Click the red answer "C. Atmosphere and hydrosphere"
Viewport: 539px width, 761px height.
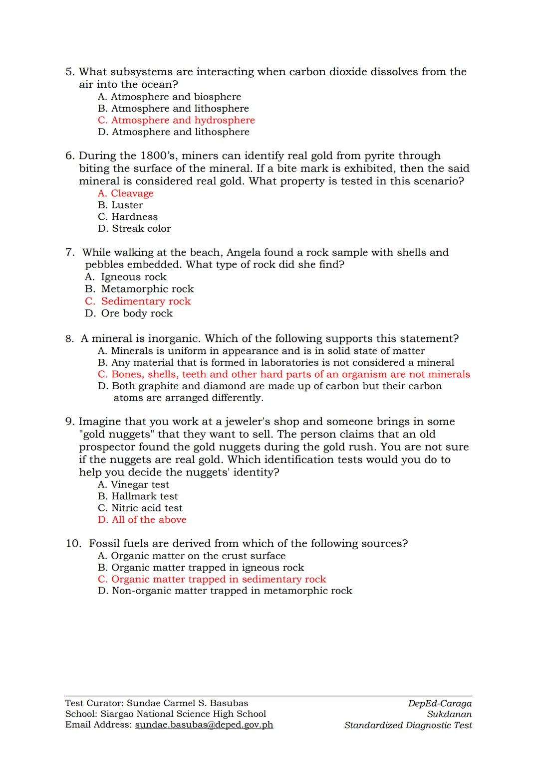tap(176, 120)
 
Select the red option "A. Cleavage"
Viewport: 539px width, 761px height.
tap(126, 193)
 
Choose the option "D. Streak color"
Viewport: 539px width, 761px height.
tap(134, 229)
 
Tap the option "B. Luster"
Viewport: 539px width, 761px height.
tap(120, 205)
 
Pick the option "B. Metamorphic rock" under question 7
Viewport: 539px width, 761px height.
tap(139, 289)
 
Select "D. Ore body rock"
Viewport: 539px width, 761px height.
tap(129, 313)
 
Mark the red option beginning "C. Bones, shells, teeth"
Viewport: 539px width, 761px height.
tap(284, 374)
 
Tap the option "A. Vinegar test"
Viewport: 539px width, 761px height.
tap(133, 485)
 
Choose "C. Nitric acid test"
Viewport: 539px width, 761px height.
tap(140, 508)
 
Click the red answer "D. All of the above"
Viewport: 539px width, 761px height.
tap(142, 520)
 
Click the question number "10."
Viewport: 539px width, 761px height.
tap(73, 544)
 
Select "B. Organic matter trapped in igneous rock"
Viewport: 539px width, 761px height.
tap(201, 568)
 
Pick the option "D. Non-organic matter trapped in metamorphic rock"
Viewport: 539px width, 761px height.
tap(225, 591)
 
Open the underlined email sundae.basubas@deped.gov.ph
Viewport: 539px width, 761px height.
tap(204, 725)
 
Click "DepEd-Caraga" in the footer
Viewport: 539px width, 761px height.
tap(440, 704)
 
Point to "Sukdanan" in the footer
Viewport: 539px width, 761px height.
tap(449, 714)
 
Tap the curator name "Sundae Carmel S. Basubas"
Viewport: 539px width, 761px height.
tap(187, 703)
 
